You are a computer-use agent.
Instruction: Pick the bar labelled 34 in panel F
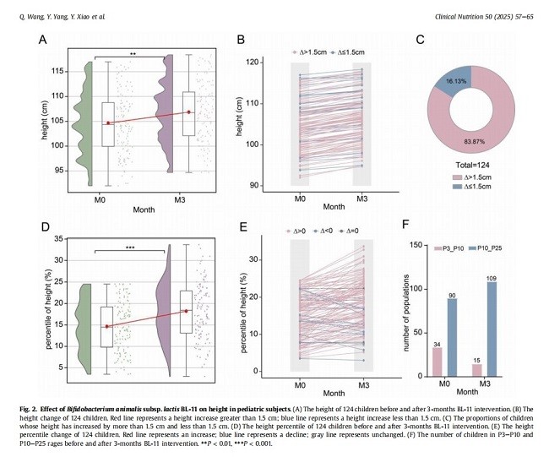click(437, 361)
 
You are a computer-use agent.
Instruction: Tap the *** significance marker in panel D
click(133, 246)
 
